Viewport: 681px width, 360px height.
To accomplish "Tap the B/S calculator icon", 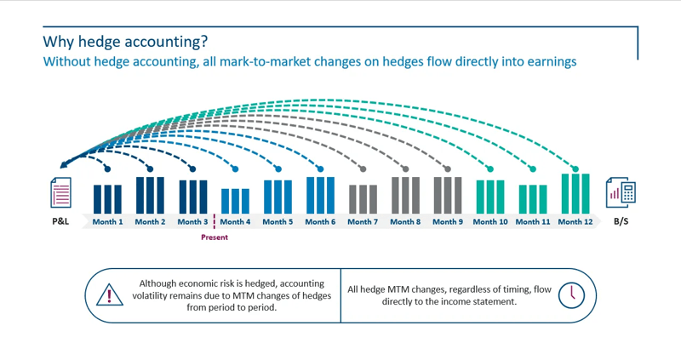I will (x=621, y=193).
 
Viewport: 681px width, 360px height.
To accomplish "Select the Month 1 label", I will (x=108, y=222).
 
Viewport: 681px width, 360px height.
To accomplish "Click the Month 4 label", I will (x=235, y=222).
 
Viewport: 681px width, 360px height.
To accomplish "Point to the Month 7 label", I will (x=363, y=222).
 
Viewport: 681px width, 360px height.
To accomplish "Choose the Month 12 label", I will (x=575, y=222).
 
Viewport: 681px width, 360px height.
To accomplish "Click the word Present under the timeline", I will (x=215, y=237).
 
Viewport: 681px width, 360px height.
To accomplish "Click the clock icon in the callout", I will (x=572, y=294).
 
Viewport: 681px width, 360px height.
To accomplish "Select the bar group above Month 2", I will (x=150, y=195).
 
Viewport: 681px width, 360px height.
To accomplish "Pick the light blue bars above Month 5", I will (x=278, y=197).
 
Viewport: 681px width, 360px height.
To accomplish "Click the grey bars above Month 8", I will (x=405, y=195).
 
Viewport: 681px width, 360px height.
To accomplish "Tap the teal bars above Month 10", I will (x=490, y=197).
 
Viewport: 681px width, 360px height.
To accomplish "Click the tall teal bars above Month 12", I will (x=575, y=193).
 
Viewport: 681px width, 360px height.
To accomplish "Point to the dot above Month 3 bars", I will (x=193, y=169).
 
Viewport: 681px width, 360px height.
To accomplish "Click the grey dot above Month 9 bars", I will (x=449, y=169).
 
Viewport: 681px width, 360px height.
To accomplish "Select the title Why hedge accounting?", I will (x=125, y=41).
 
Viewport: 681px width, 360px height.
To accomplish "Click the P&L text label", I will (x=60, y=222).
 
